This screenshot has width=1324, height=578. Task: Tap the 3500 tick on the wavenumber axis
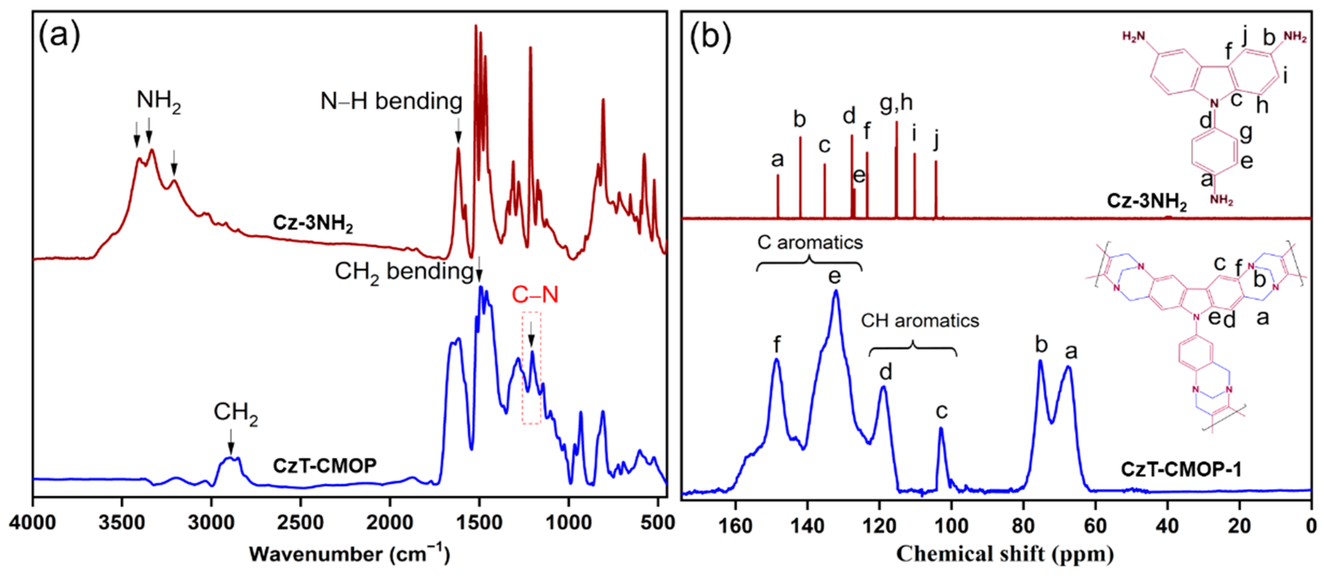click(122, 523)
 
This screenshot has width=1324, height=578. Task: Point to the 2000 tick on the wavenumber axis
click(390, 523)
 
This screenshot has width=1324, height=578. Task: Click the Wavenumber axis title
click(349, 554)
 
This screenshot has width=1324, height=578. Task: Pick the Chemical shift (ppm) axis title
click(1005, 554)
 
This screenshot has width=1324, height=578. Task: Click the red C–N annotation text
click(534, 295)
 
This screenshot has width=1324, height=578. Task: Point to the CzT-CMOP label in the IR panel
click(324, 465)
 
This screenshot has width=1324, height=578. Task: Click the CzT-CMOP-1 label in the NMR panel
click(1181, 469)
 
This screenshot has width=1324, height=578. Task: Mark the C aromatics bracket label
click(810, 242)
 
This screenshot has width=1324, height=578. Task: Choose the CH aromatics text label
click(920, 321)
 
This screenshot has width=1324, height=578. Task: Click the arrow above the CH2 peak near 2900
click(231, 441)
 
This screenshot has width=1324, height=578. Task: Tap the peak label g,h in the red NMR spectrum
click(896, 104)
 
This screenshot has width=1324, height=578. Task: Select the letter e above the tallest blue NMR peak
click(835, 276)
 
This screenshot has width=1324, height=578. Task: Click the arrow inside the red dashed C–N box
click(531, 335)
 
